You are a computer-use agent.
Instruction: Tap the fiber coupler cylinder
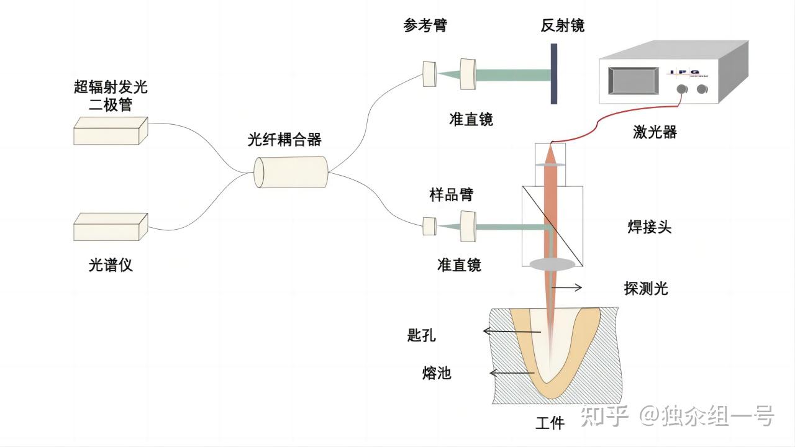[291, 172]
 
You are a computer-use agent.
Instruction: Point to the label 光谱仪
[111, 265]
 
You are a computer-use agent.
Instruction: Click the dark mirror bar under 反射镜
[553, 74]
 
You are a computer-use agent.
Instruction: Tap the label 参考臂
[425, 25]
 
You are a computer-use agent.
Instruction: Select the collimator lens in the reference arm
[468, 73]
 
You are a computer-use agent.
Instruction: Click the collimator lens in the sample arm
[468, 227]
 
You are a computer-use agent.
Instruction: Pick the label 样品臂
[451, 194]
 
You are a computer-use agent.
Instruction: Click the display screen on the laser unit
[632, 81]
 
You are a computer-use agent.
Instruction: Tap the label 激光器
[655, 132]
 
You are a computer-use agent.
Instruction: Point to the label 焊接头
[649, 227]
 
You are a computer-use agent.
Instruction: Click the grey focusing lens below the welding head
[552, 264]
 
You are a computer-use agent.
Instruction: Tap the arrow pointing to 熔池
[511, 373]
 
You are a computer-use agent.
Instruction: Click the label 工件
[550, 423]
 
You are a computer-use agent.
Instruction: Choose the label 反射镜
[562, 25]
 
